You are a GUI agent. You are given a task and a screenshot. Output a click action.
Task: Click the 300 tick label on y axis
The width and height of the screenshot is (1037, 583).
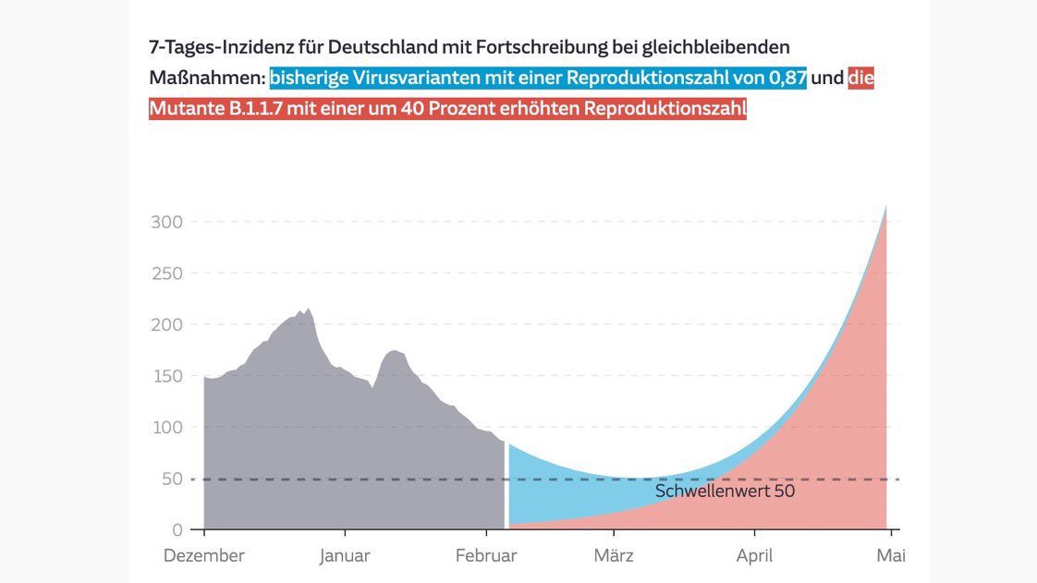tap(166, 222)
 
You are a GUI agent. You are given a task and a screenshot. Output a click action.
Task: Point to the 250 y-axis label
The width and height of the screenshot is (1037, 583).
tap(166, 273)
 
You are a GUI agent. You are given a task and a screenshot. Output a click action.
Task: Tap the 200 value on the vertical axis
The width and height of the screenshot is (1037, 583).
tap(166, 324)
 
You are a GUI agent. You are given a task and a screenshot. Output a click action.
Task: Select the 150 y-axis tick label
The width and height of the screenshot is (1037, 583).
tap(166, 376)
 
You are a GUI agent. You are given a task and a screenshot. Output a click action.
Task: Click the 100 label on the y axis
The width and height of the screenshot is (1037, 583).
tap(166, 427)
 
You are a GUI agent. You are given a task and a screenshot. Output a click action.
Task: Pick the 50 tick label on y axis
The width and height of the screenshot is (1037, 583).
tap(172, 479)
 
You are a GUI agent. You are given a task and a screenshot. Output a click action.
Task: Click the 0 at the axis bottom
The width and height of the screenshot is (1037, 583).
tap(177, 529)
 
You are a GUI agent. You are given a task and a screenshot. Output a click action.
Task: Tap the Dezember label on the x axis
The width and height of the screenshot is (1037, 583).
tap(204, 556)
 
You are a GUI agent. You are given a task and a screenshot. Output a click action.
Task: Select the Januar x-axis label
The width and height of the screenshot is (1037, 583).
tap(345, 556)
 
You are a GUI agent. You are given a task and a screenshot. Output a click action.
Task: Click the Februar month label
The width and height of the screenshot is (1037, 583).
tap(485, 556)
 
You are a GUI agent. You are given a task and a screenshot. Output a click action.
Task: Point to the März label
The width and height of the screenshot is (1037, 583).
tap(613, 556)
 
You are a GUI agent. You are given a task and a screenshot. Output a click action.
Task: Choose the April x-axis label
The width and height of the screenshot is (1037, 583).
tap(754, 556)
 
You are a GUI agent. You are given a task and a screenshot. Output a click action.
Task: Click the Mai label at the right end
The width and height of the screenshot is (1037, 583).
tap(891, 556)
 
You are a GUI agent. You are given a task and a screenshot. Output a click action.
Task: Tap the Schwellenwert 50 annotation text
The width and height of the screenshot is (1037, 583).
tap(725, 492)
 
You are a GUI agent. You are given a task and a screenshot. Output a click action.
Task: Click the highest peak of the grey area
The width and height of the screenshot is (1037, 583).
tap(309, 310)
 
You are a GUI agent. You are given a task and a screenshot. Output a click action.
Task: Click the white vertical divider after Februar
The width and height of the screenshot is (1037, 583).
tap(506, 485)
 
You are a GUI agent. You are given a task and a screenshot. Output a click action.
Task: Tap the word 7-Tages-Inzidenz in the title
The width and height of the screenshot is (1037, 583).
tap(221, 47)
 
